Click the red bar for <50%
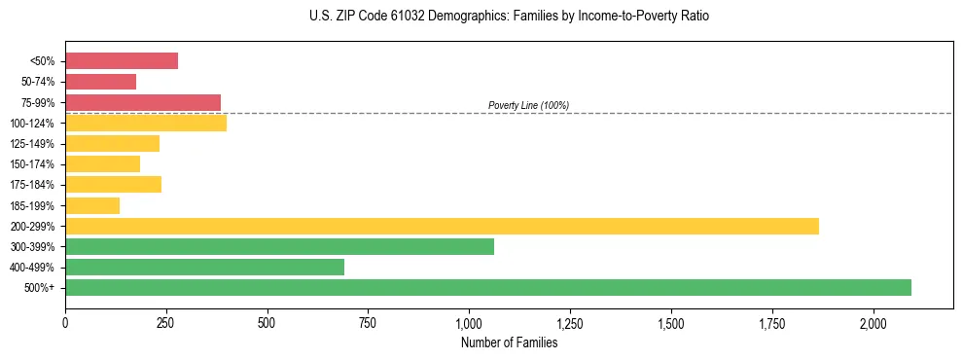(x=122, y=61)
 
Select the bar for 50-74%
(x=100, y=82)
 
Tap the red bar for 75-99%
(x=143, y=102)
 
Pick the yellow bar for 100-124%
(x=146, y=123)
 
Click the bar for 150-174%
(x=102, y=163)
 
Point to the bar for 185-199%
(x=92, y=205)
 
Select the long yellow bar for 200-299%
(x=442, y=226)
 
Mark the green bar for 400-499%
(x=204, y=267)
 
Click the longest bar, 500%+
(x=488, y=287)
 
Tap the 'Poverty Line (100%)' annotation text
(x=528, y=105)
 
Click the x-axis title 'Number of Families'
(x=509, y=342)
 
